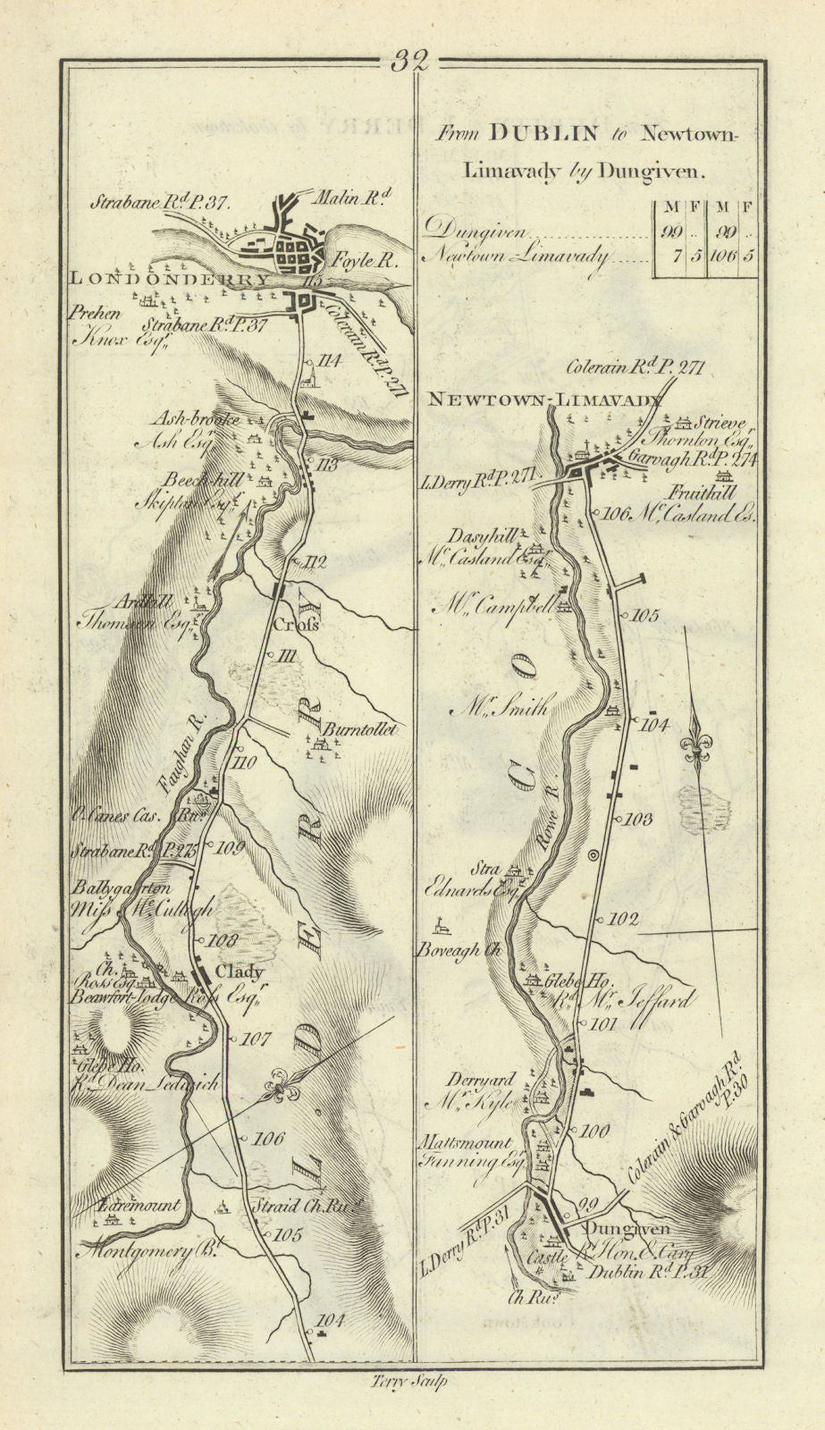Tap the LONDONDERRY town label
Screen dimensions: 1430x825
[x=169, y=279]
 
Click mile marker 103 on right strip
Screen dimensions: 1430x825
[x=639, y=819]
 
